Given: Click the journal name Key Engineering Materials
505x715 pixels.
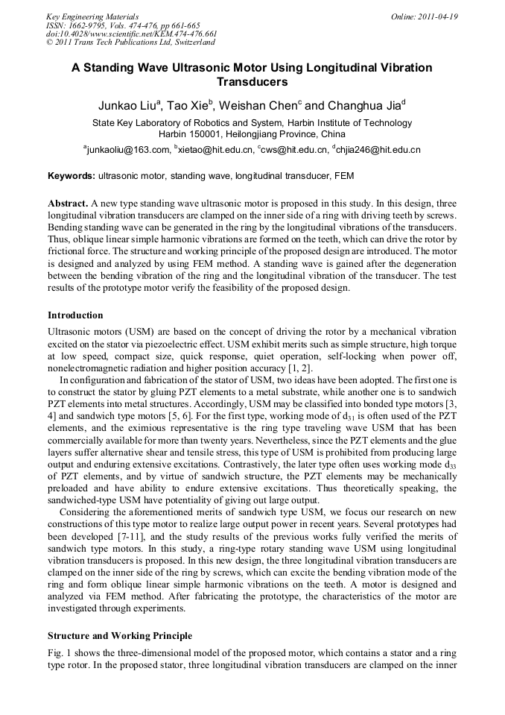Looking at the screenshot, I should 92,16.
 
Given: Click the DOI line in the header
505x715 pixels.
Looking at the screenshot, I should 131,34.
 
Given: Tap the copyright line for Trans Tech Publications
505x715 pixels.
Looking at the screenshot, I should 130,42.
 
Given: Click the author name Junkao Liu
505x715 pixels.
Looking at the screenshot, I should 127,106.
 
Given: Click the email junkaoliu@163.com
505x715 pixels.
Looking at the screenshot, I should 127,150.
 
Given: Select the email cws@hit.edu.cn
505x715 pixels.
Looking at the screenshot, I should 294,150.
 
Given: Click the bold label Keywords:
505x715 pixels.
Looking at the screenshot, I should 72,177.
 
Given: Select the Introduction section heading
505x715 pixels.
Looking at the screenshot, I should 75,315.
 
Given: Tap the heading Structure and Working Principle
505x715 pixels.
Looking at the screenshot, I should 120,636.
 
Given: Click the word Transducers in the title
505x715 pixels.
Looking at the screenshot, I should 252,82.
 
